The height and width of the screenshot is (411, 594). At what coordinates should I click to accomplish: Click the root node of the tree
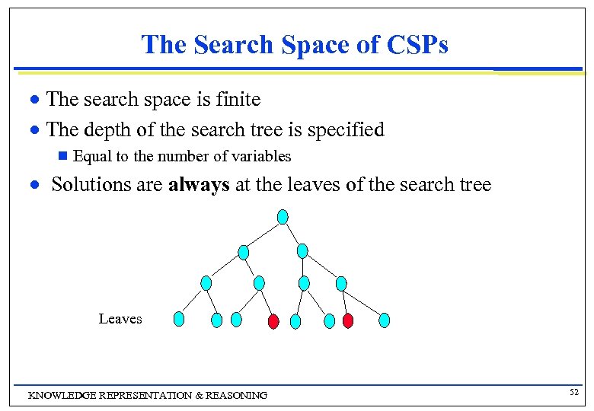[283, 217]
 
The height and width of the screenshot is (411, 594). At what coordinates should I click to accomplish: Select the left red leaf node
[273, 321]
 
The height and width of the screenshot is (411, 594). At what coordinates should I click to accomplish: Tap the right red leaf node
[348, 320]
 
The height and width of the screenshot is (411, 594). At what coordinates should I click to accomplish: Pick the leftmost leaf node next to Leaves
[178, 319]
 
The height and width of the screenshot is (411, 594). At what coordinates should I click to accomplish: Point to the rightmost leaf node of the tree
[385, 320]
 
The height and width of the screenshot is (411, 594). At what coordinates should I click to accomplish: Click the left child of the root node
[244, 251]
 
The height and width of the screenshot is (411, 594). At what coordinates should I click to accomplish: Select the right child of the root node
[302, 250]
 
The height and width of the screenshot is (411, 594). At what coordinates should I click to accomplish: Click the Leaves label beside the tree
[120, 319]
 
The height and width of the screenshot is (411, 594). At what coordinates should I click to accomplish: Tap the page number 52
[573, 391]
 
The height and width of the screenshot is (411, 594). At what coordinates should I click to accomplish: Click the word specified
[347, 130]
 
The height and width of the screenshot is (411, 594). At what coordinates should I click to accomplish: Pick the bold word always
[199, 185]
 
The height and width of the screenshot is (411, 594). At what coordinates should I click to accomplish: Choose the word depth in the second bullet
[109, 130]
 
